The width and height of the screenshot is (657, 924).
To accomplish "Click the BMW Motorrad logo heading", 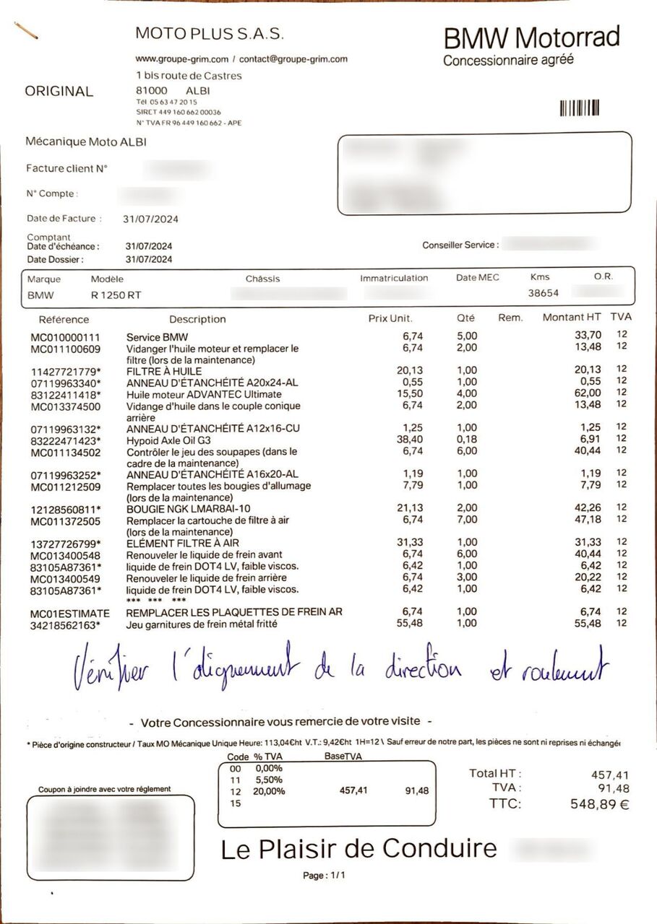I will [x=531, y=37].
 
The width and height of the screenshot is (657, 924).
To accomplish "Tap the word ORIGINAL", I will [x=59, y=92].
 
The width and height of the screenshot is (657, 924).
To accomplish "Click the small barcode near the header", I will [x=580, y=108].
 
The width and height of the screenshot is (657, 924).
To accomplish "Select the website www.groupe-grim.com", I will [x=182, y=59].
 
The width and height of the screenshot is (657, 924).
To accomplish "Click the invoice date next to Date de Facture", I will [x=151, y=219].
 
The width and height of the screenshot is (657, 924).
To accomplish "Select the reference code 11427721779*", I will [x=66, y=371].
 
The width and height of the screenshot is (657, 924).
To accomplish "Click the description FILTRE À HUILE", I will [x=164, y=371].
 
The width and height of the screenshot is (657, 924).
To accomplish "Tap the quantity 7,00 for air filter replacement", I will [x=466, y=520].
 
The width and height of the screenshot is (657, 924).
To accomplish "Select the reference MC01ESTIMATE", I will [x=66, y=612].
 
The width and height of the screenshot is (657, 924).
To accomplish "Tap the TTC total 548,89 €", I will [x=590, y=804].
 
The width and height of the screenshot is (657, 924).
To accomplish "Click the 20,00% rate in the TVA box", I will [x=268, y=791].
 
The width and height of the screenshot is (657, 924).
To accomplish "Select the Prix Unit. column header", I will [x=391, y=318].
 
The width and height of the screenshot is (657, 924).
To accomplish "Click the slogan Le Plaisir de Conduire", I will [x=359, y=849].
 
